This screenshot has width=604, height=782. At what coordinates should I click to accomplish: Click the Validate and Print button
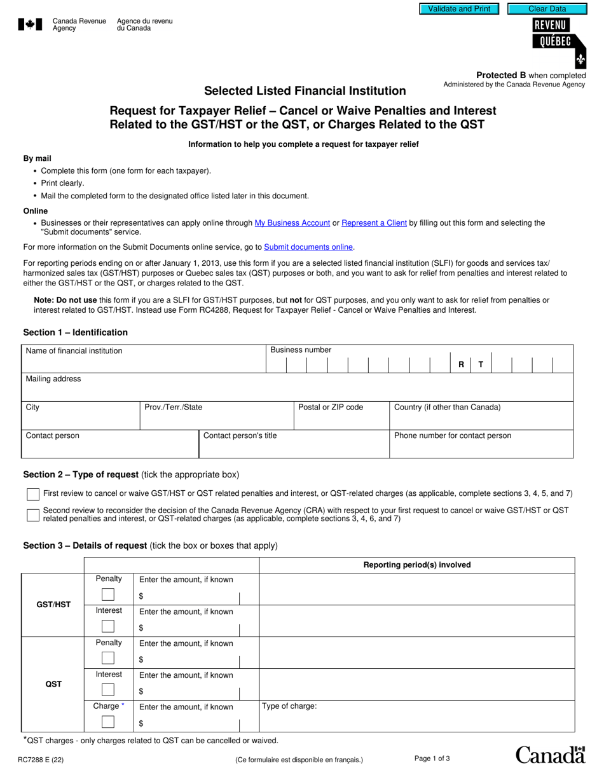(459, 9)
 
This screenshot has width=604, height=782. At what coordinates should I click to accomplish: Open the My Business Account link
(292, 223)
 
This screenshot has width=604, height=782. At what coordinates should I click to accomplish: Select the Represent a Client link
(374, 223)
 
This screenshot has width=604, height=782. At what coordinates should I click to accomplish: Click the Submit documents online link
(308, 247)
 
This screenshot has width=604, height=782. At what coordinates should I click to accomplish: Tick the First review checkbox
(33, 494)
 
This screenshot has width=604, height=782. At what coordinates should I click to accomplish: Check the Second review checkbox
(33, 515)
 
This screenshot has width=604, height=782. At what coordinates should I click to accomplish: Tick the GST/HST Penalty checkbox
(108, 595)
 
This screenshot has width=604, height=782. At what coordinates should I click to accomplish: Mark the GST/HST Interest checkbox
(108, 627)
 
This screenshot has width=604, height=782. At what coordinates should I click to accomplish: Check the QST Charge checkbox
(108, 722)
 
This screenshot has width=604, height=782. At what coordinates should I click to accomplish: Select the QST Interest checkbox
(108, 690)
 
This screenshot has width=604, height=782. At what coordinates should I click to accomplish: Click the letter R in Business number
(461, 365)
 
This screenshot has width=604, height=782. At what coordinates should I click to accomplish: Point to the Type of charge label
(289, 706)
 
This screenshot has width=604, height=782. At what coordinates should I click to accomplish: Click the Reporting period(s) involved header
(416, 565)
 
